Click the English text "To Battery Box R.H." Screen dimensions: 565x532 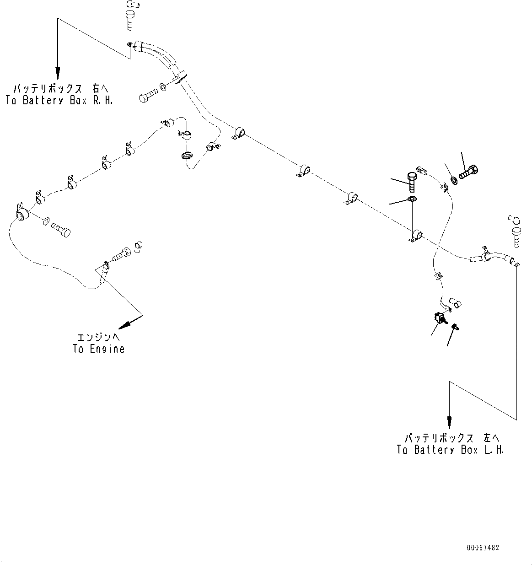click(x=59, y=100)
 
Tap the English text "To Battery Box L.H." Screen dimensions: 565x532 click(x=450, y=450)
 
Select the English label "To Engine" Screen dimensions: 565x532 click(x=99, y=349)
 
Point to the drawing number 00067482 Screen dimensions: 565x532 click(x=483, y=548)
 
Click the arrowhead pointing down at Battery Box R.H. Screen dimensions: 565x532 click(x=58, y=72)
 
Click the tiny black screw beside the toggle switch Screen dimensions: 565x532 click(x=455, y=326)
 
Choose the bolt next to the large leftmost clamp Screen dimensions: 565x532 click(x=61, y=228)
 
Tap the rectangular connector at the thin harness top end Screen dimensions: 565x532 click(x=422, y=171)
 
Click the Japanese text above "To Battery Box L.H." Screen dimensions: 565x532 click(x=450, y=438)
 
